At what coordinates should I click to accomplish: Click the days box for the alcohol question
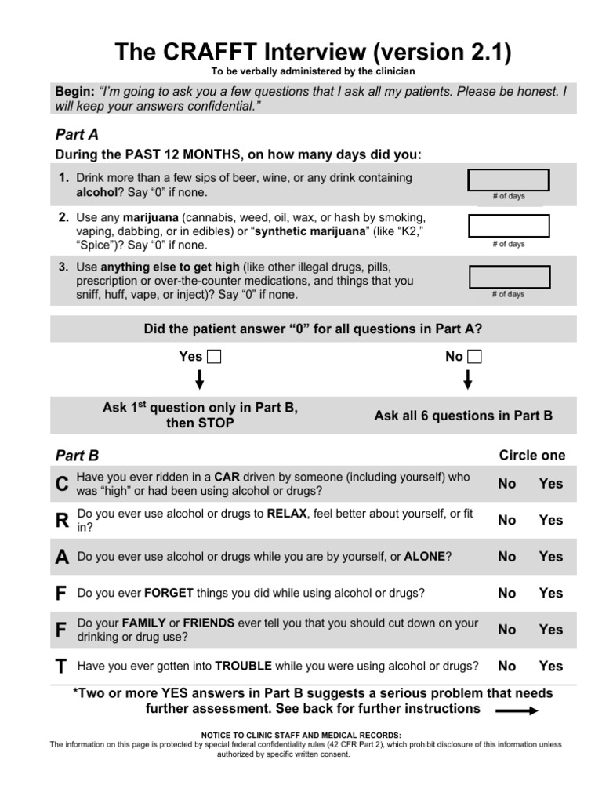[508, 180]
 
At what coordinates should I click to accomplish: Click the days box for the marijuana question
[508, 227]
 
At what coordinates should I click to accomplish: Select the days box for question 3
[508, 277]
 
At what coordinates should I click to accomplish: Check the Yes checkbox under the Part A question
[214, 357]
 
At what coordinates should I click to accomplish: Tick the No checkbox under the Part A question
[474, 357]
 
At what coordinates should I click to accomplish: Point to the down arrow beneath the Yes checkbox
[200, 380]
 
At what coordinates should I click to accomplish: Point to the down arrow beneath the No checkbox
[468, 380]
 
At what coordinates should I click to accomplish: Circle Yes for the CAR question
[550, 484]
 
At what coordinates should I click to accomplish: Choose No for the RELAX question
[507, 520]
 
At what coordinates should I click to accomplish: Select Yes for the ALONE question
[550, 557]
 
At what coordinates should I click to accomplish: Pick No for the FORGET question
[507, 594]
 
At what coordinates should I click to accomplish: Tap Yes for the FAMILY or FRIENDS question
[550, 630]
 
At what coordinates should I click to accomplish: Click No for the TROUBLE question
[507, 666]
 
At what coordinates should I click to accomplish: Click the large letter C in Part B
[62, 485]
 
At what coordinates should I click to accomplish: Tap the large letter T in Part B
[61, 667]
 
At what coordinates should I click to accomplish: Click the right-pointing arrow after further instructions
[516, 710]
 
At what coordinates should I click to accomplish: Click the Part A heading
[76, 134]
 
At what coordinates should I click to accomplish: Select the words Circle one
[531, 456]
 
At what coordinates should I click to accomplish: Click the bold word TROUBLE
[243, 666]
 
